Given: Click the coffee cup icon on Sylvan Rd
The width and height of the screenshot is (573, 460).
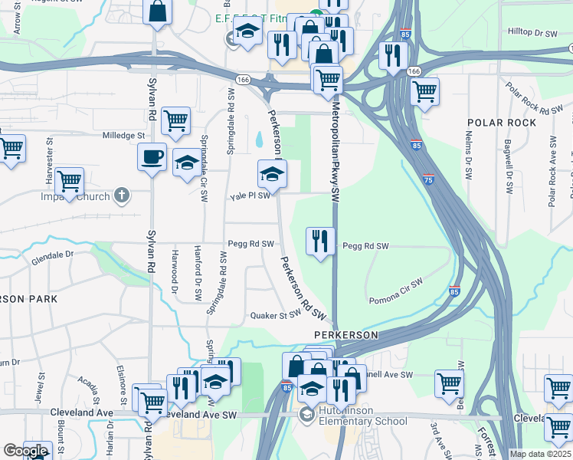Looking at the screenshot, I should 152,157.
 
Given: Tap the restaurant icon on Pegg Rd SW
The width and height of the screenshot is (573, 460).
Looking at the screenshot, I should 319,241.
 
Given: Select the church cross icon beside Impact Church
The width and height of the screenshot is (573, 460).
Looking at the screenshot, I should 120,195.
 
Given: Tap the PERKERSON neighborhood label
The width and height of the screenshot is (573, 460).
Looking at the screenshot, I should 346,335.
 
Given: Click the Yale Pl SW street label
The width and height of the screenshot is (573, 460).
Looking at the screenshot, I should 250,196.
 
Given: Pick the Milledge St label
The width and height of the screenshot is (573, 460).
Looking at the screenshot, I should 124,135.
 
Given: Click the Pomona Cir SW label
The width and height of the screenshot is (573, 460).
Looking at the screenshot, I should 396,291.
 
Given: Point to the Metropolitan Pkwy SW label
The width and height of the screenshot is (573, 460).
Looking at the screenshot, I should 335,153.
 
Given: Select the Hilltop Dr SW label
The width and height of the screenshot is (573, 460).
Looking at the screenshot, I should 533,33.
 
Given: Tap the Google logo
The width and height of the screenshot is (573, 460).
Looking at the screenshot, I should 25,451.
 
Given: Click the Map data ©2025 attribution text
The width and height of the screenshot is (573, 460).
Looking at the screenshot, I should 540,454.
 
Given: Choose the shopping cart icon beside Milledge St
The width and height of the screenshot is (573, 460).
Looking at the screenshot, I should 176,120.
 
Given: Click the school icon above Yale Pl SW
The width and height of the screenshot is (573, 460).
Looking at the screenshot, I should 271,174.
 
